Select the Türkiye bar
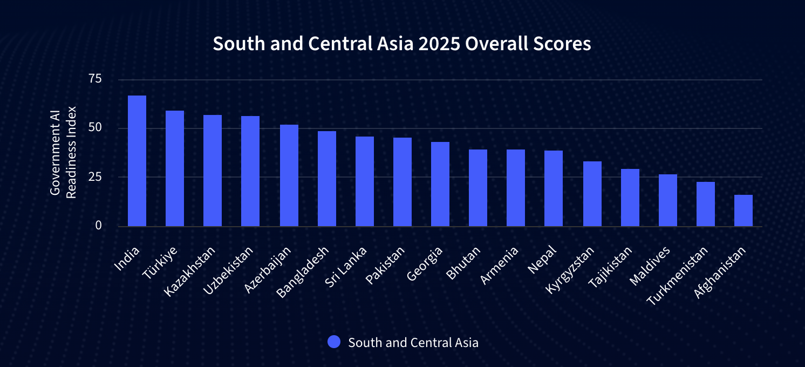[175, 168]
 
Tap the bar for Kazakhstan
[213, 171]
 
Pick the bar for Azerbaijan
[289, 175]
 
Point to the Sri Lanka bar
[365, 181]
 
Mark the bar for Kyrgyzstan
[592, 194]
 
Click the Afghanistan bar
[743, 210]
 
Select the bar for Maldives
[668, 200]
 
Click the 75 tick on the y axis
[95, 79]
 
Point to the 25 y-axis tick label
[95, 176]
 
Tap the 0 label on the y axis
[98, 225]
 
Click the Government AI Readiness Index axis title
[63, 152]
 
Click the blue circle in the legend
[334, 342]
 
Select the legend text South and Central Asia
[413, 342]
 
